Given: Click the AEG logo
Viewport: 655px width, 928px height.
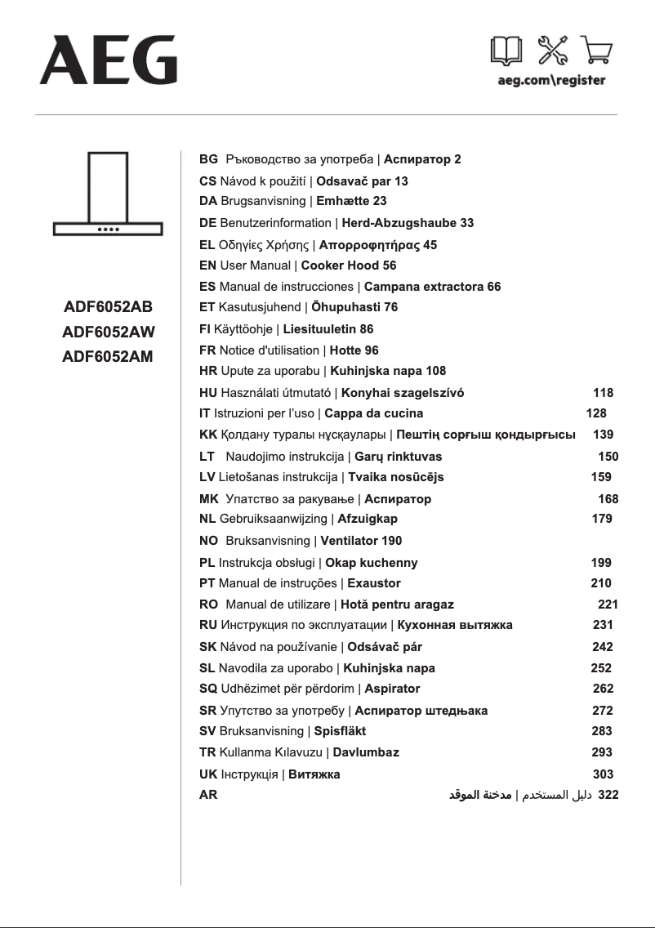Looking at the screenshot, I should tap(108, 60).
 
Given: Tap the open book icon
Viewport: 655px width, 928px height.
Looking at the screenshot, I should tap(506, 51).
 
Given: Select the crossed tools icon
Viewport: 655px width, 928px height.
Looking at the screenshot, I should tap(552, 51).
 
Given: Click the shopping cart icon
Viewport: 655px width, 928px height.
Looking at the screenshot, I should tap(596, 51).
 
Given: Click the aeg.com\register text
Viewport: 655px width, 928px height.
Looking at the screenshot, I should tap(551, 81).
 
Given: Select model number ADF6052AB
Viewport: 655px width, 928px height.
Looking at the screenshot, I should tap(109, 308).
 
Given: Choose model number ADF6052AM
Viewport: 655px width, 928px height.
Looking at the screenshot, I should tap(109, 356).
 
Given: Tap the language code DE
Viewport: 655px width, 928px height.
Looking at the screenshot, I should tap(207, 223).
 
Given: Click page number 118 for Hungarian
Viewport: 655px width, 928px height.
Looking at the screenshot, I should tap(603, 393).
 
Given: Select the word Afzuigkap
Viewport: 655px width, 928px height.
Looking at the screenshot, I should tap(368, 519).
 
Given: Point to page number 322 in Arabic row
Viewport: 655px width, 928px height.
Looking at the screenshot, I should tap(608, 794).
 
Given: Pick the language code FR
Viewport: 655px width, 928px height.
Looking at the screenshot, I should tap(207, 350).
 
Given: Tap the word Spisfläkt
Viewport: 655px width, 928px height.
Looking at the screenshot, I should tap(340, 731).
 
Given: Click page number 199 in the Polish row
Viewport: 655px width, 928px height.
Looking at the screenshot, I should tap(601, 563).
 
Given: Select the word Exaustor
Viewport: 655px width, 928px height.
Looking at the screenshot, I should tap(374, 583).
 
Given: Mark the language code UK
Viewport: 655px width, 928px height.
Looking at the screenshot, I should tap(208, 774).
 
